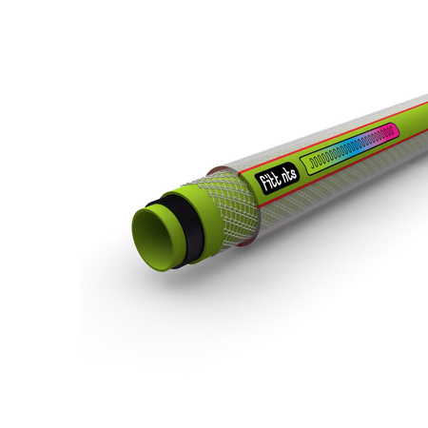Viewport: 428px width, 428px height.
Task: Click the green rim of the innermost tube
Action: click(x=137, y=243)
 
